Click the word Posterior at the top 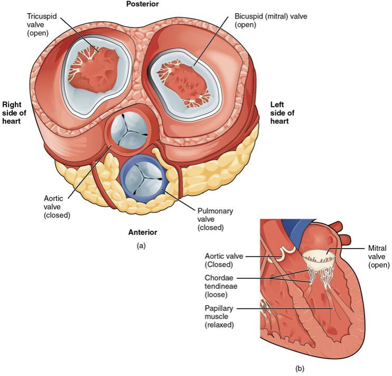click(142, 4)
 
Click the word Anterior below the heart click(143, 232)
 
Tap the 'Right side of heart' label click(14, 112)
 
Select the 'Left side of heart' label click(282, 112)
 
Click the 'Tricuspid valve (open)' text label click(42, 24)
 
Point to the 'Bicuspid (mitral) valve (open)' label click(270, 21)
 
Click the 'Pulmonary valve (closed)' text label click(215, 219)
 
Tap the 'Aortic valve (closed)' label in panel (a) click(57, 206)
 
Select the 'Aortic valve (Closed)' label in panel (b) click(224, 260)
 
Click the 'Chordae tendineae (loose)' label click(221, 286)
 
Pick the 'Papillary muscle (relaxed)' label click(219, 316)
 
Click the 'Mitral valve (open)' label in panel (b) click(378, 256)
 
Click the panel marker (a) click(141, 246)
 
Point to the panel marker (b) click(300, 368)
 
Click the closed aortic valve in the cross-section click(129, 129)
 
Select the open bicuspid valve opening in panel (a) click(183, 84)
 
